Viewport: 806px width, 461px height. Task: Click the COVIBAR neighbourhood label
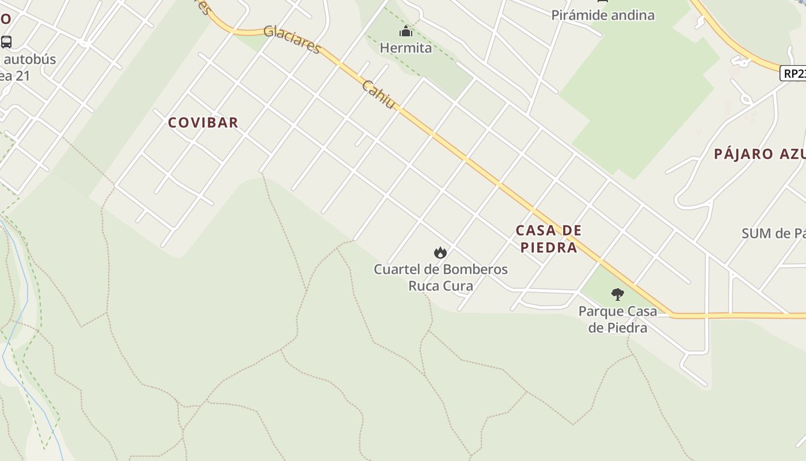(203, 122)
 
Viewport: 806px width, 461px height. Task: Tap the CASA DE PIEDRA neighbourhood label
(548, 239)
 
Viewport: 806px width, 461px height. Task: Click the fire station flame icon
(440, 252)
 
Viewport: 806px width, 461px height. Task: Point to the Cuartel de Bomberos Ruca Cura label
(440, 277)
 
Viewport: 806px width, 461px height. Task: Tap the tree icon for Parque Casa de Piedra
(618, 294)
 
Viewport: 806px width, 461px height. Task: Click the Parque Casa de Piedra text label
(618, 319)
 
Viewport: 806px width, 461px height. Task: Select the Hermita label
(406, 48)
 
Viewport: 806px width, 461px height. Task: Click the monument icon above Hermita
(406, 31)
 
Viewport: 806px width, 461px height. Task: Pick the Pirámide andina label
(603, 15)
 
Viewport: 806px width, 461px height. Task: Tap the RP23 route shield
(793, 73)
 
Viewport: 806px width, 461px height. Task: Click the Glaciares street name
(291, 39)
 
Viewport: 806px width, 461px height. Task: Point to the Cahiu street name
(379, 94)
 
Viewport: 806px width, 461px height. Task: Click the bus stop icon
(6, 41)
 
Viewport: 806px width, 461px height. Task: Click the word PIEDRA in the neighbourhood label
(548, 247)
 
